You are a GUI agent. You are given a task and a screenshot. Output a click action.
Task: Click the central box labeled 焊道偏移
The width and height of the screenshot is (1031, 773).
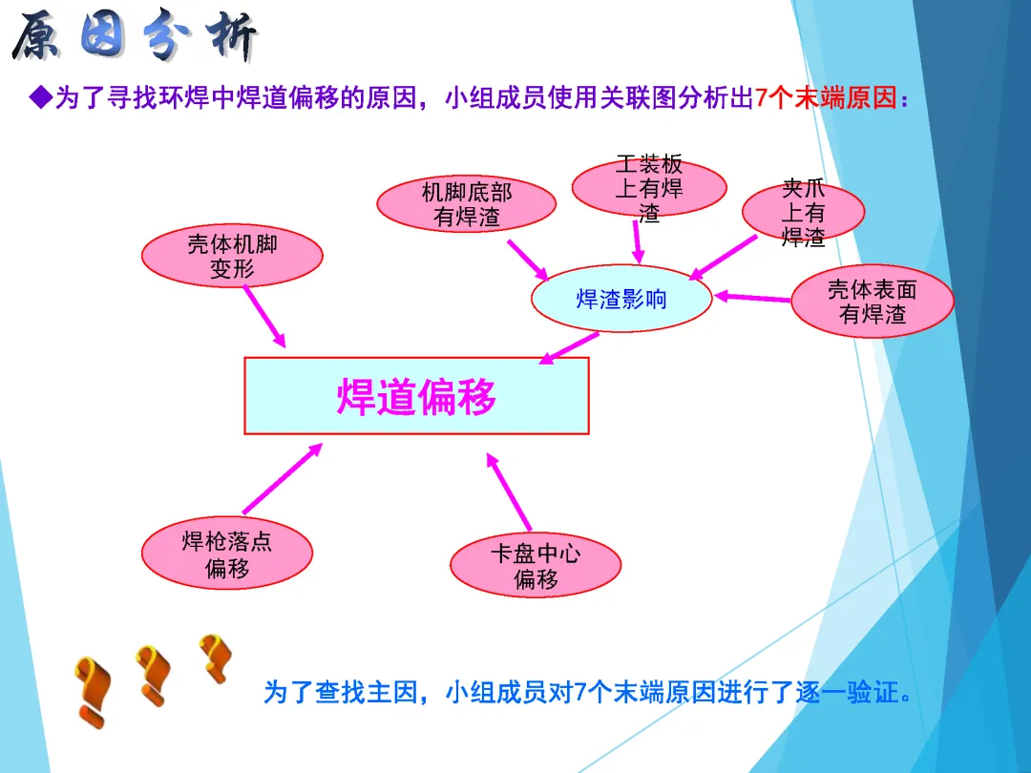coord(416,396)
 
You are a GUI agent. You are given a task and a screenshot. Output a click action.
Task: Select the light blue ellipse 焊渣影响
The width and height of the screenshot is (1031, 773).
coord(621,300)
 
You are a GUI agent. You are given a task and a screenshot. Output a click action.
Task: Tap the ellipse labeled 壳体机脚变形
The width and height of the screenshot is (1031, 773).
coord(232,256)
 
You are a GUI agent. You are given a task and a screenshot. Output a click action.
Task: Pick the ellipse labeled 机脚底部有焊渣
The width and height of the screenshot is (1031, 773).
coord(466,204)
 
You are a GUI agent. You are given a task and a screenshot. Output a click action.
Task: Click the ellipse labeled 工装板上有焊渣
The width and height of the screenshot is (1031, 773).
coord(648,188)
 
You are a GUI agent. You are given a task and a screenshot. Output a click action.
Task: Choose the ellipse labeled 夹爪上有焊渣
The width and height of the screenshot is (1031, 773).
coord(803,211)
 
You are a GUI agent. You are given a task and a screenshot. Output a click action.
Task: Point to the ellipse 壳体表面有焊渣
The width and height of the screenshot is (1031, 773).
coord(873,301)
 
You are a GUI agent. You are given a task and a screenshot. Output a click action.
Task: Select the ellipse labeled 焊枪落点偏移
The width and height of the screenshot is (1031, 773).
coord(227,555)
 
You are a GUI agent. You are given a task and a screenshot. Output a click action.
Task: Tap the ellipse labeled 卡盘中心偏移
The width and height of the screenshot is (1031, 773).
coord(536,566)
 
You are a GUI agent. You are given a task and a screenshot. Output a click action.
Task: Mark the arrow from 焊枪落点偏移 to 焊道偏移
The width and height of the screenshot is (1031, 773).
coord(283,478)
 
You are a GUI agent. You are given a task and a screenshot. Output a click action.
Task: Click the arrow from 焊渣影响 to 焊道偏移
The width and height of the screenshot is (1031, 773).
coord(570,347)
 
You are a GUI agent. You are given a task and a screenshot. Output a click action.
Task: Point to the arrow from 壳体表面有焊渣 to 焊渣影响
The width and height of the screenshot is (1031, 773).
coord(753,298)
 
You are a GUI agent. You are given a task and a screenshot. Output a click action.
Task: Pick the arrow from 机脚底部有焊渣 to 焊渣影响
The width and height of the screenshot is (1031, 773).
coord(527,259)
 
